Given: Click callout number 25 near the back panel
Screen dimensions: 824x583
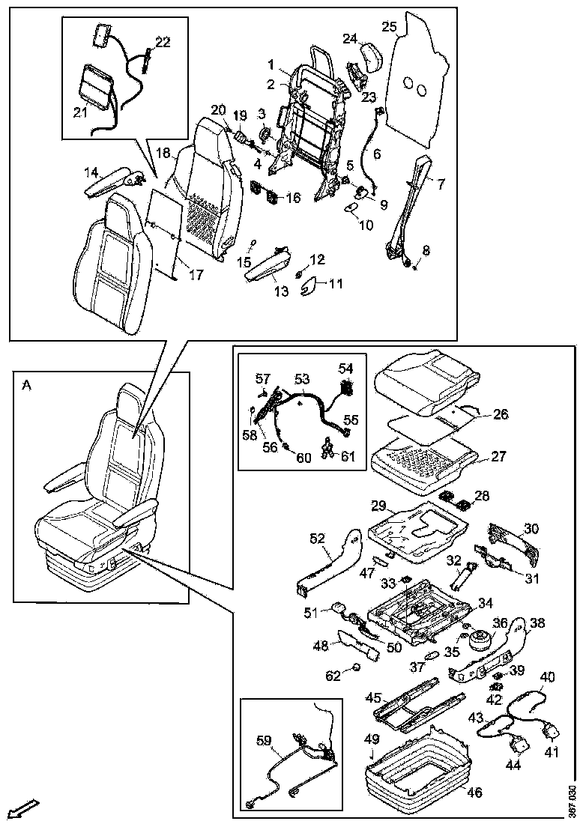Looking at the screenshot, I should coord(389,27).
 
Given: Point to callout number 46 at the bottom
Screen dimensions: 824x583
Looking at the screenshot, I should coord(475,792).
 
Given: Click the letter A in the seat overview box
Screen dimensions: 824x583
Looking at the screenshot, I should coord(27,385).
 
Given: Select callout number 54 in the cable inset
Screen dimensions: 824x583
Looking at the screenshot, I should coord(345,369).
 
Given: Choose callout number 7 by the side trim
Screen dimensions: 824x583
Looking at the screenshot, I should coord(441,183).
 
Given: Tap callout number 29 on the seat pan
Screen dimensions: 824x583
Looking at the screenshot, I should coord(378,507).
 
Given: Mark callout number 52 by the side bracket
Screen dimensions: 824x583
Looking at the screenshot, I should coord(318,538).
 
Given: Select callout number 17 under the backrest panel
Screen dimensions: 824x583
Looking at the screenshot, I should coord(195,275).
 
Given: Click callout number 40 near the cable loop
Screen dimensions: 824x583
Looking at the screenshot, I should coord(547,676).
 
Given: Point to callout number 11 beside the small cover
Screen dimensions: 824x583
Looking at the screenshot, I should coord(335,284).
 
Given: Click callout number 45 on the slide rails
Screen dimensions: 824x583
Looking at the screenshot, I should coord(373,697).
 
